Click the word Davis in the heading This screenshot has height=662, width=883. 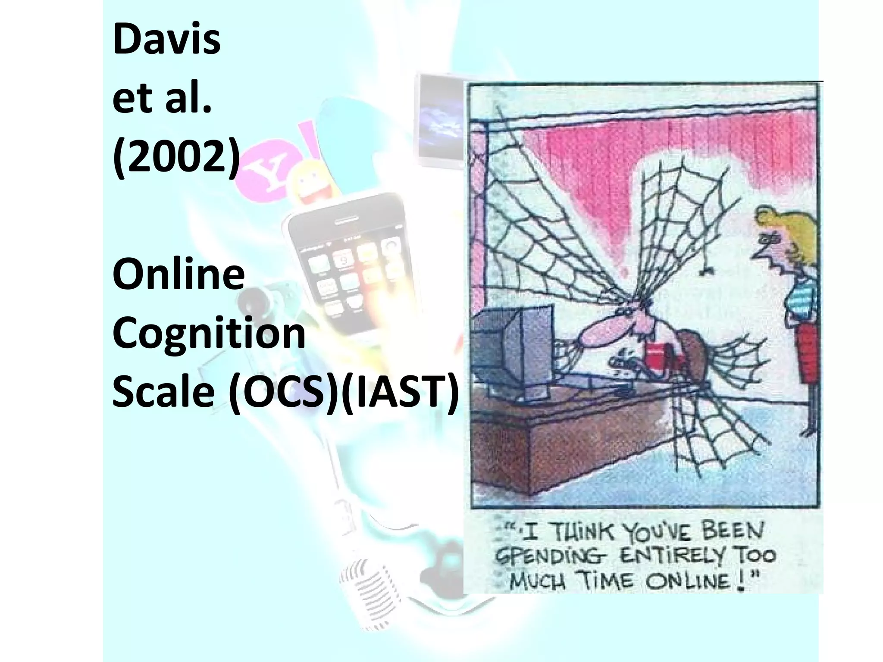coord(166,41)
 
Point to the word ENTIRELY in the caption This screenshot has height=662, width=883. coord(668,557)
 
